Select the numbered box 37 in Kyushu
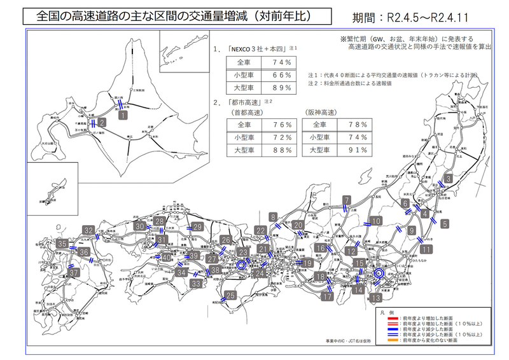[x=74, y=272]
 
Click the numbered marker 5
[x=443, y=223]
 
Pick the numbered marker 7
[x=347, y=199]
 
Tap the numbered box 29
[x=197, y=227]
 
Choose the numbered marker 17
[x=328, y=296]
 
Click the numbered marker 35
[x=62, y=244]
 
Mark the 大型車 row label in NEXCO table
[x=245, y=87]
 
